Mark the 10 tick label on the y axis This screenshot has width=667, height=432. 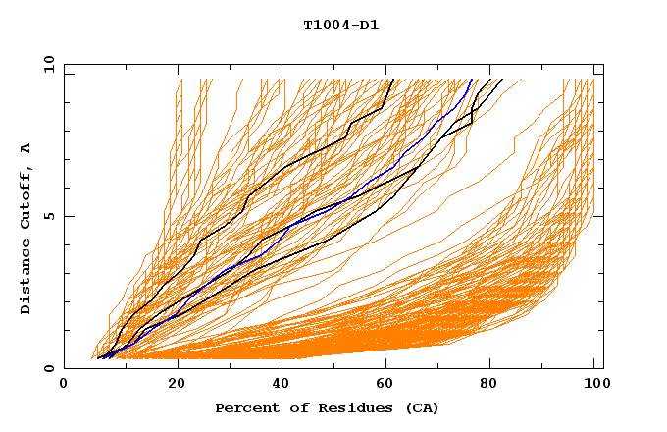48,64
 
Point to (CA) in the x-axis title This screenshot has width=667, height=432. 422,407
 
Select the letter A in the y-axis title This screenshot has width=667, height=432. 26,147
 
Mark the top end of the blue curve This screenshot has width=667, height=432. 472,80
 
